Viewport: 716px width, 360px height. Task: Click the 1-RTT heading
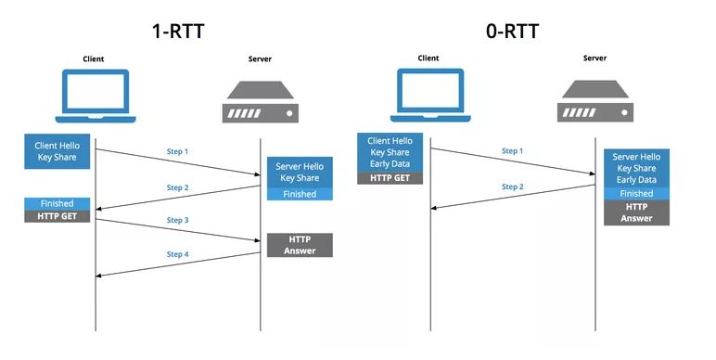point(178,31)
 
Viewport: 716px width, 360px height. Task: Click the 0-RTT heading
point(512,31)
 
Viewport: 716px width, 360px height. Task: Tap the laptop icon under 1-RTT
point(96,96)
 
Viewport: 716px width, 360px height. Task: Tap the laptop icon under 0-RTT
point(430,95)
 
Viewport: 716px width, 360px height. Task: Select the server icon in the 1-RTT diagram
point(261,102)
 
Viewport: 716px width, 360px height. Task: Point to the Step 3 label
point(178,220)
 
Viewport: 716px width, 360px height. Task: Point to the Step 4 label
point(178,254)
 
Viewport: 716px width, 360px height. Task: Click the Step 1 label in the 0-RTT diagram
point(512,150)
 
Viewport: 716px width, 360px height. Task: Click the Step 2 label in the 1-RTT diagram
point(178,187)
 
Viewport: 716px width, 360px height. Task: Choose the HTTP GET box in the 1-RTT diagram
point(58,216)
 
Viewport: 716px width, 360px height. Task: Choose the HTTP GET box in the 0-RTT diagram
point(390,178)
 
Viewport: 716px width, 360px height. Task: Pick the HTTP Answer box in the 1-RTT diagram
point(300,245)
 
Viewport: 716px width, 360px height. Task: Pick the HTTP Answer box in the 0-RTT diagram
point(636,212)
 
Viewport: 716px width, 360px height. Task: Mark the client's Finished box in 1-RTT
point(58,204)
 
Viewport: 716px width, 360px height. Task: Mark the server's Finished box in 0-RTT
point(636,194)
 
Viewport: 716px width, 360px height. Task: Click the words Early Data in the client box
point(390,163)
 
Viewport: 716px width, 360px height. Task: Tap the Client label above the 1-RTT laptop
point(93,59)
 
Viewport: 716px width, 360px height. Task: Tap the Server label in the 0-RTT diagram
point(595,58)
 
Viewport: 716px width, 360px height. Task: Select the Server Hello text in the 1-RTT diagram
point(300,166)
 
